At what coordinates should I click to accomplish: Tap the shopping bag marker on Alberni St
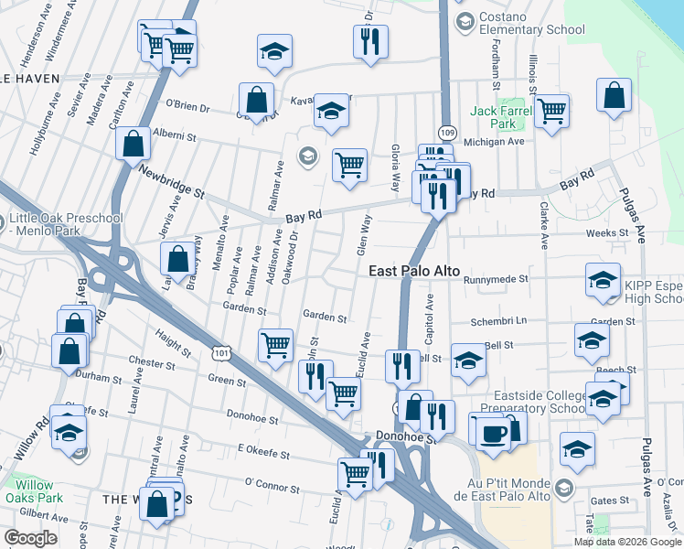pos(134,144)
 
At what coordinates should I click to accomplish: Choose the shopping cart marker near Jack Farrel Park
pos(551,112)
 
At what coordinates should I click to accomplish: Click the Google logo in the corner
pos(30,538)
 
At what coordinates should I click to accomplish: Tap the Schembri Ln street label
pos(496,321)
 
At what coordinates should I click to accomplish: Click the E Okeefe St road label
pos(263,453)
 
